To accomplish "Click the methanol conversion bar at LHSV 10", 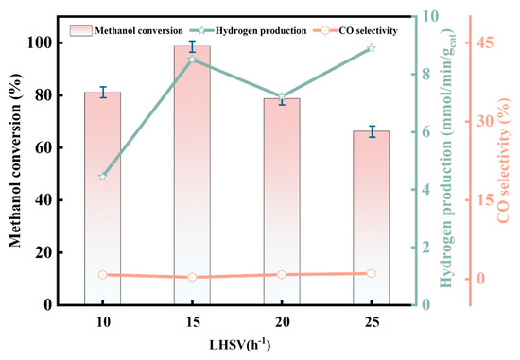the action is (x=102, y=198).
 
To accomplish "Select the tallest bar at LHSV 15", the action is (x=192, y=176).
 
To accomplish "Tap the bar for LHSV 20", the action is (x=282, y=201).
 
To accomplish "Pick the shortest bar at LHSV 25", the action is (x=372, y=217).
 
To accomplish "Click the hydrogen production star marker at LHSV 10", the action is (x=102, y=177).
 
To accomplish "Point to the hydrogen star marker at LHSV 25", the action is (x=372, y=48).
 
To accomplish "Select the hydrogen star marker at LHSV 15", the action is (x=192, y=60).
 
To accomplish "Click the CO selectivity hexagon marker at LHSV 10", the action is (x=102, y=274).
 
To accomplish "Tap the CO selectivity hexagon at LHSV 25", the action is (x=372, y=273).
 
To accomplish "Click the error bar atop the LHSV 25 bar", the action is (x=373, y=131).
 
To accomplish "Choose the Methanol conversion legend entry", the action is (x=127, y=31).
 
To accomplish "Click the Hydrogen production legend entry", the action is (x=248, y=31).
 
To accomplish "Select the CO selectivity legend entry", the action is (x=355, y=31).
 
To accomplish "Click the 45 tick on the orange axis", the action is (x=484, y=43).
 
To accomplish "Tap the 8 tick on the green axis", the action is (x=425, y=74).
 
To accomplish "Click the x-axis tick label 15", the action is (x=192, y=322).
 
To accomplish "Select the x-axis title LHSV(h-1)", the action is (x=240, y=345).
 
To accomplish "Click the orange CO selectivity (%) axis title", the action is (x=503, y=161).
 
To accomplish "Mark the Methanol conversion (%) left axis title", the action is (x=14, y=160).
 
